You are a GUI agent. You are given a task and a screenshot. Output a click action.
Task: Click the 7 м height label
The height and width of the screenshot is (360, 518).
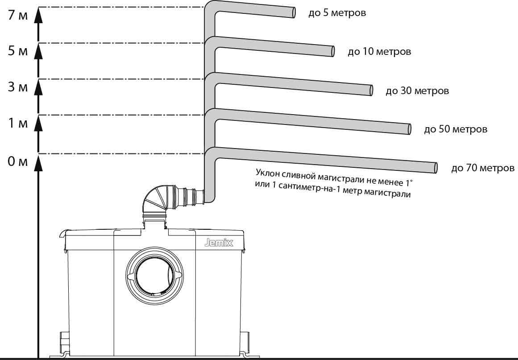(x=18, y=15)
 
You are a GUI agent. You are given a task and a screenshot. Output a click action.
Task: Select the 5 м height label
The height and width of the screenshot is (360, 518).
(x=18, y=51)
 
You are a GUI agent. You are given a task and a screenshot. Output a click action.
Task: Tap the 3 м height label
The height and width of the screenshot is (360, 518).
(x=18, y=87)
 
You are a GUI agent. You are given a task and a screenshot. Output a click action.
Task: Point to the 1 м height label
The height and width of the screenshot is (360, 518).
(x=18, y=124)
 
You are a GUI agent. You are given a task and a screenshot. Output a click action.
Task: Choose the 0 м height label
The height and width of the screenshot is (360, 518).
(x=18, y=161)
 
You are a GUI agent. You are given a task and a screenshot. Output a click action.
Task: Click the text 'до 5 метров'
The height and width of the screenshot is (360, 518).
(x=337, y=13)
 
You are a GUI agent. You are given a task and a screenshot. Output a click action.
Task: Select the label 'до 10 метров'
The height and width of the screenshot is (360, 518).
(x=379, y=52)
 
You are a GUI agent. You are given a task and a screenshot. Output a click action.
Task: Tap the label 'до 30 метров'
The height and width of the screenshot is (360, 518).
(x=417, y=91)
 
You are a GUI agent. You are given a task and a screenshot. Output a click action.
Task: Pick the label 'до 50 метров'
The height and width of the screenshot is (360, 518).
(x=456, y=130)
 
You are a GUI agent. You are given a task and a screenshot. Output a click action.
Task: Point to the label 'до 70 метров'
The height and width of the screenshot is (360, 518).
(x=483, y=169)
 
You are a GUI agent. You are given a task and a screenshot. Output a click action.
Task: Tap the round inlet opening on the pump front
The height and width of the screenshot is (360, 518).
(x=154, y=277)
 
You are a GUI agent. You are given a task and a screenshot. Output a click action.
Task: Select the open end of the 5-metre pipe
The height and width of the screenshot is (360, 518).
(x=294, y=12)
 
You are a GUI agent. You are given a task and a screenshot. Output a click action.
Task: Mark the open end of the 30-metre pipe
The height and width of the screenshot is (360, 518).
(x=371, y=90)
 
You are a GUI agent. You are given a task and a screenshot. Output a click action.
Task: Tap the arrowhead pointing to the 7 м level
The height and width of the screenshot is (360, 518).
(x=39, y=15)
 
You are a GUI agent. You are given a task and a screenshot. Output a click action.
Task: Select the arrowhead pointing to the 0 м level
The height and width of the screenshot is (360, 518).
(x=39, y=161)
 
